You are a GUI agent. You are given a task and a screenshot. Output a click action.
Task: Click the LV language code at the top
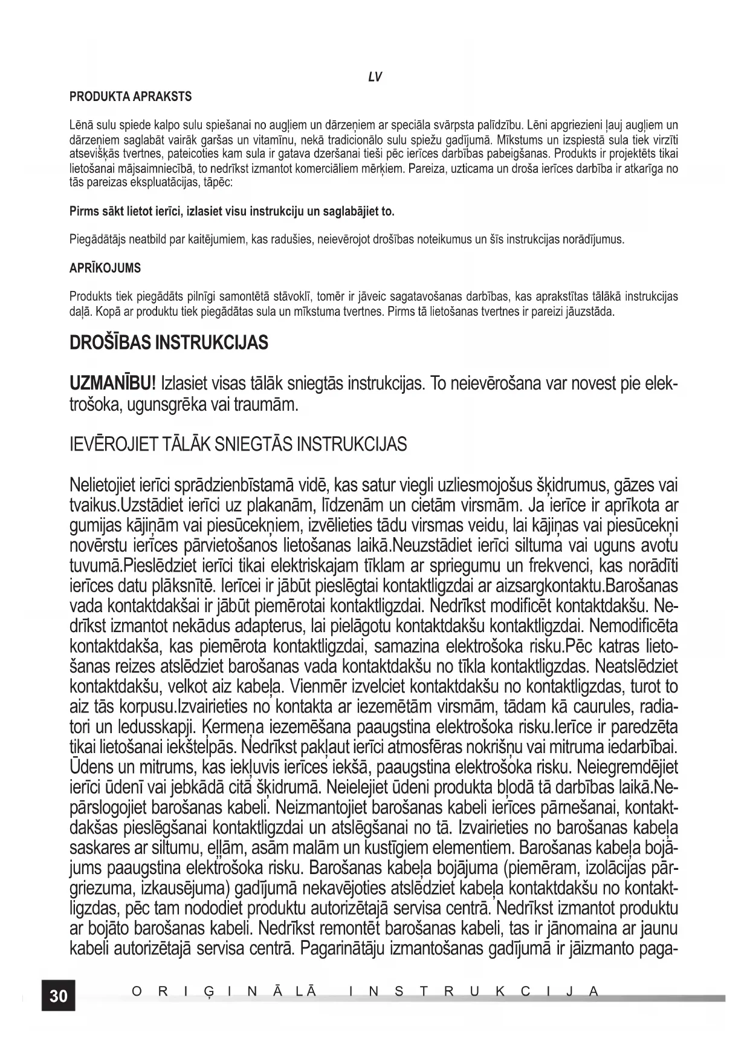(375, 77)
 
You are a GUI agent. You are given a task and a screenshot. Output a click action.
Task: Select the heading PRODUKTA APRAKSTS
(131, 96)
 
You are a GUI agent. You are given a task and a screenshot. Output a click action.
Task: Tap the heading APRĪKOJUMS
(105, 268)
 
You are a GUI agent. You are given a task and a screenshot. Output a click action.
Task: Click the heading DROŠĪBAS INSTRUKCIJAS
(169, 343)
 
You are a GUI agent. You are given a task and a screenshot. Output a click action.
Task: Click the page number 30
(59, 995)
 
